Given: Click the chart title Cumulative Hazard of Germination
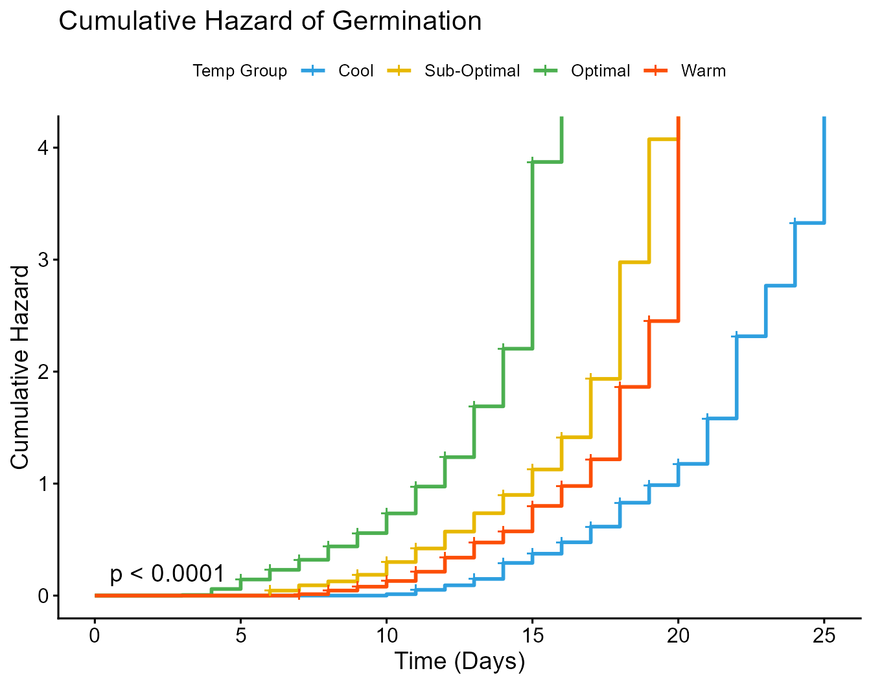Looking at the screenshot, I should click(270, 21).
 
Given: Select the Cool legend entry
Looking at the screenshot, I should click(355, 71).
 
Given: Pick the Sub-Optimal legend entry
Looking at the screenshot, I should click(472, 71).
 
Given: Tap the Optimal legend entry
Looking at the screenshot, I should click(600, 71).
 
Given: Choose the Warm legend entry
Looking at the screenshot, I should click(703, 71).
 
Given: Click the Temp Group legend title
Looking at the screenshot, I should click(240, 71).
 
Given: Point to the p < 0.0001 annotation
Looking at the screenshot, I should click(167, 574).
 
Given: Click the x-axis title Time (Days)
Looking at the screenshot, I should click(459, 661).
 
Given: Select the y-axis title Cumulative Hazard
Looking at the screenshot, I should click(20, 367).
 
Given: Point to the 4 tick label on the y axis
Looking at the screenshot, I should click(43, 148).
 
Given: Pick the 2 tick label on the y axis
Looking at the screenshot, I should click(43, 372).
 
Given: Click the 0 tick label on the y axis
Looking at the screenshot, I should click(43, 596).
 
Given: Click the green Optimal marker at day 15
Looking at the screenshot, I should click(532, 162).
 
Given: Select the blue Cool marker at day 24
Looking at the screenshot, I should click(795, 223).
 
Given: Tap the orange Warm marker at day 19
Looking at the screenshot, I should click(649, 321).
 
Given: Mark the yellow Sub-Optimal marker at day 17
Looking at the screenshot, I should click(590, 378).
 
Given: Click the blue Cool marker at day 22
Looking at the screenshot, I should click(736, 336).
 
